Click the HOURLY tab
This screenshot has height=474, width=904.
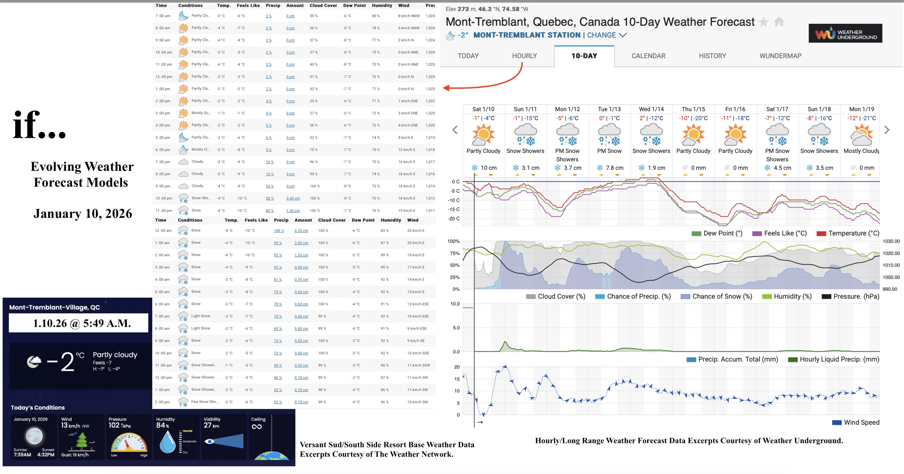(524, 56)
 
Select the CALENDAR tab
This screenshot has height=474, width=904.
(648, 56)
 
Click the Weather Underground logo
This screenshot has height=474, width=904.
(845, 34)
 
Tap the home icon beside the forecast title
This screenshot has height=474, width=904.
(779, 22)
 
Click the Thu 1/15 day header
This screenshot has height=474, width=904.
(693, 109)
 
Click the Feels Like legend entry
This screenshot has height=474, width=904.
(779, 233)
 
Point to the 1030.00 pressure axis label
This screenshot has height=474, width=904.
(891, 241)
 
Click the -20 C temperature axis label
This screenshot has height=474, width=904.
(453, 219)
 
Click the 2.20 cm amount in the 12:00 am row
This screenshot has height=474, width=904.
(301, 231)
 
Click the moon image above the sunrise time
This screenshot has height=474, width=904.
(34, 436)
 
